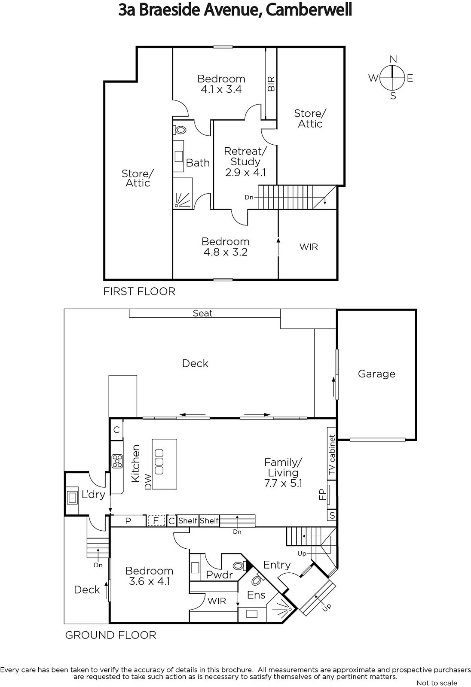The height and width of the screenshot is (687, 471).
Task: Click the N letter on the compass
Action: click(x=393, y=59)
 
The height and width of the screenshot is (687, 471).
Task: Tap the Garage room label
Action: click(x=376, y=374)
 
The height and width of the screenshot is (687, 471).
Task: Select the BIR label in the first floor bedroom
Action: click(x=271, y=84)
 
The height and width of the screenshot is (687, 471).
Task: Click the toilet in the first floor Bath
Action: click(x=180, y=130)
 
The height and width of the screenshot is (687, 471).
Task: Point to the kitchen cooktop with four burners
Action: click(x=117, y=461)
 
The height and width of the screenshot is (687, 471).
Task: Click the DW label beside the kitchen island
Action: click(x=148, y=482)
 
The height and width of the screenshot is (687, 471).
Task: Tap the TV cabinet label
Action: click(x=332, y=455)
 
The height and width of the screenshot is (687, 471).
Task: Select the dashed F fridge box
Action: click(x=156, y=520)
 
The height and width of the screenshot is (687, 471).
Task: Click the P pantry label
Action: click(x=128, y=521)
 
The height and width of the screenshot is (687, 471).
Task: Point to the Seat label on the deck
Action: click(x=202, y=313)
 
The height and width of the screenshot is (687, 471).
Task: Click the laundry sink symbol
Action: click(x=72, y=497)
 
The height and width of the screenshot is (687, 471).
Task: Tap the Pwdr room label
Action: click(x=219, y=575)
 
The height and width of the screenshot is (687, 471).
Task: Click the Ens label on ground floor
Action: click(x=256, y=595)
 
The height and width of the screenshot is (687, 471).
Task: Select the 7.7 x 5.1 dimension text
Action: click(x=283, y=483)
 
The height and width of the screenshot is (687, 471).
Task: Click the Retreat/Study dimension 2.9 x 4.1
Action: click(x=245, y=172)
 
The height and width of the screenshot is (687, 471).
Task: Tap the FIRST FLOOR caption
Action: click(x=139, y=291)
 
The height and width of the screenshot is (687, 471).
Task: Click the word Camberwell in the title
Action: click(x=308, y=10)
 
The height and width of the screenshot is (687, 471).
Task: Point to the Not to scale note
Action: click(x=437, y=683)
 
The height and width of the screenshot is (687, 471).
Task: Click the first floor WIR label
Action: click(x=309, y=247)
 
